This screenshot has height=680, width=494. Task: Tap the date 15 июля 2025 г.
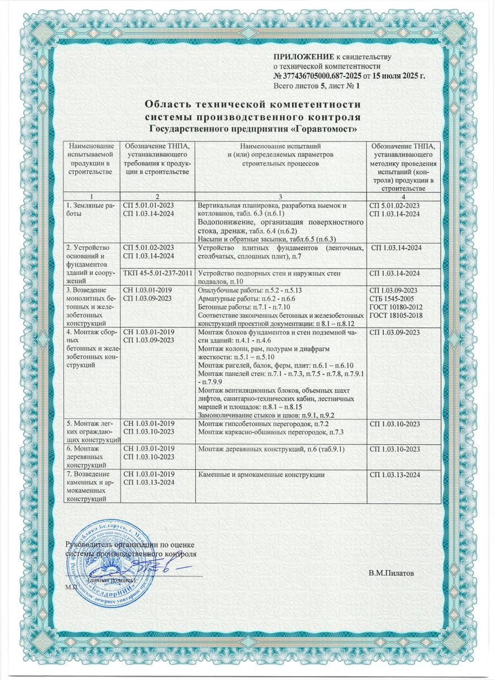pos(396,76)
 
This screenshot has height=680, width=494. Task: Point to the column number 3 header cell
pos(281,195)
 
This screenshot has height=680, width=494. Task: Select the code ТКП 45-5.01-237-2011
pos(158,274)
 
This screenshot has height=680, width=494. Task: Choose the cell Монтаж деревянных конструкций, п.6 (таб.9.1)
pos(272,449)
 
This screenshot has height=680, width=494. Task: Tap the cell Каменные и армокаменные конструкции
pos(261,474)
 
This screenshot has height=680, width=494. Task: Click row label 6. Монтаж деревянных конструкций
pos(89,457)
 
